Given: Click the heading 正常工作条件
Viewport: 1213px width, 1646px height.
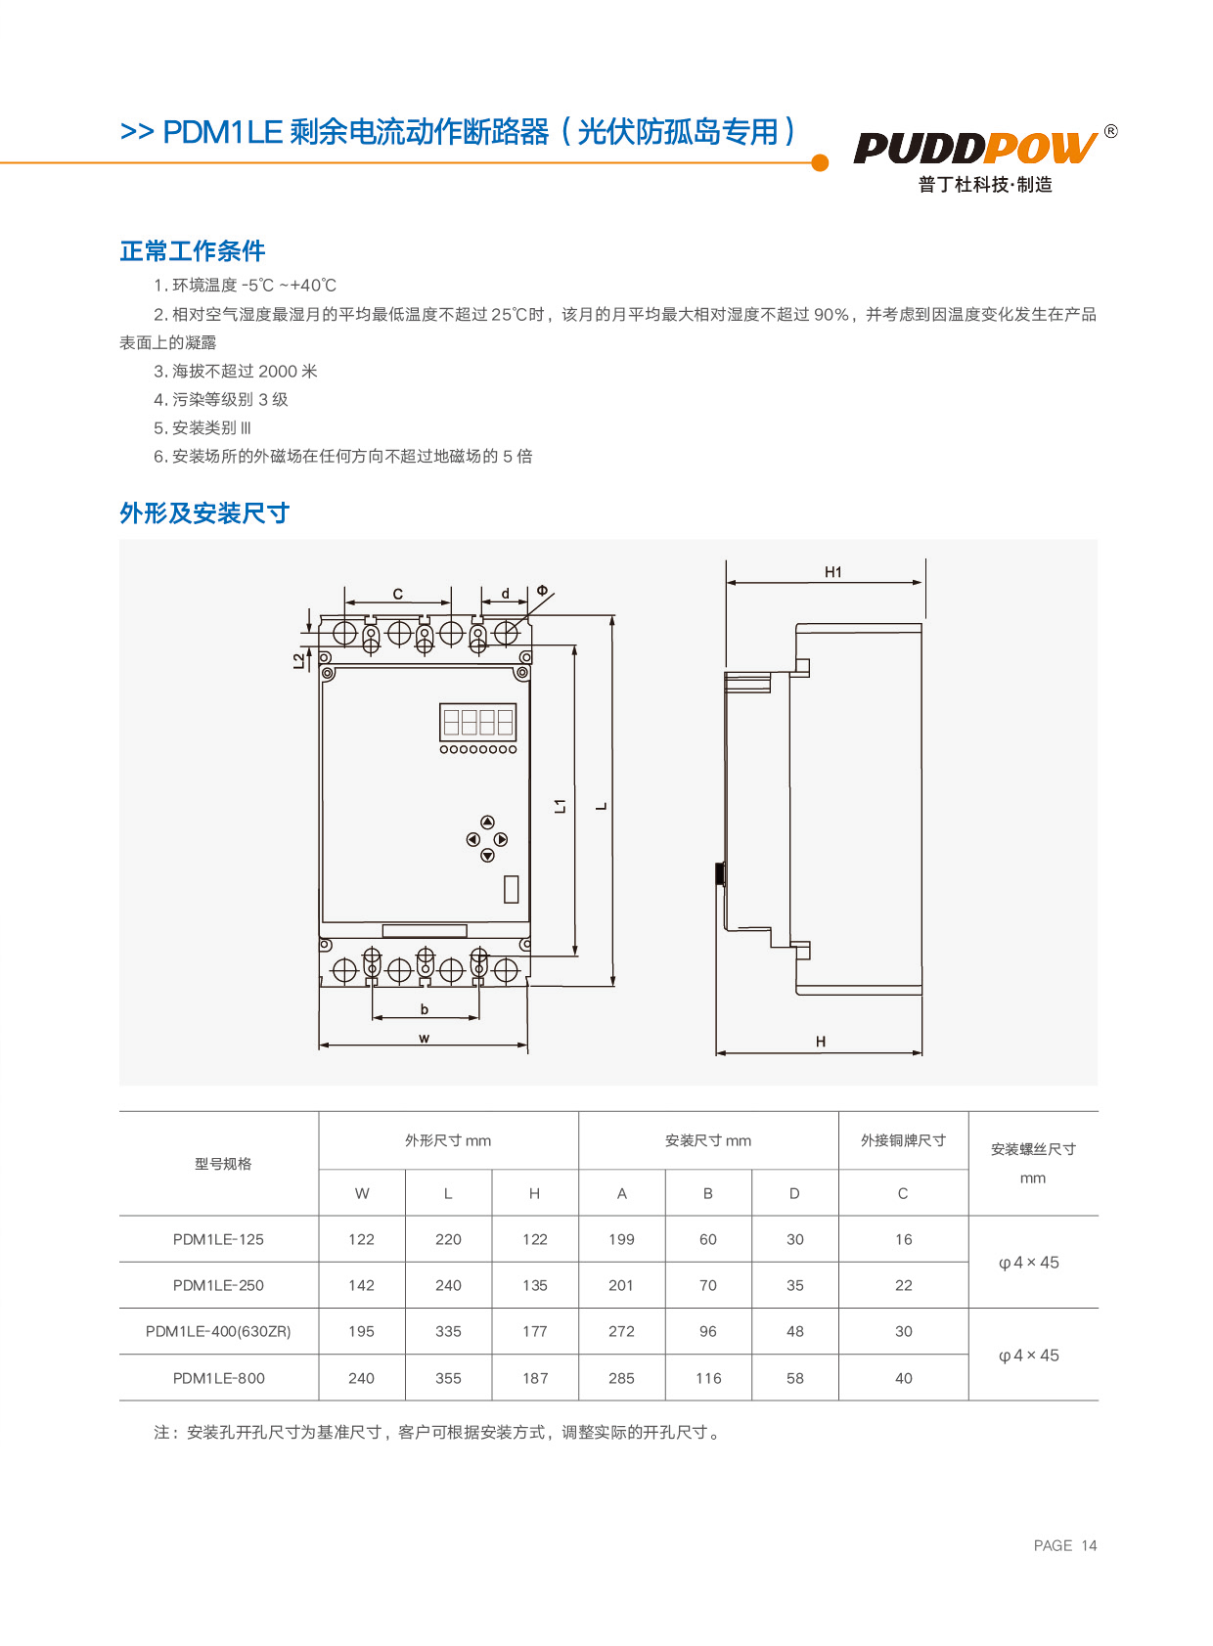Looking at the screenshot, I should tap(193, 251).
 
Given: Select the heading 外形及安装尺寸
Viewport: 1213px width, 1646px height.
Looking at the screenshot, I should tap(204, 513).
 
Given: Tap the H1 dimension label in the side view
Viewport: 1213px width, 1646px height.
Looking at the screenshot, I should tap(832, 572).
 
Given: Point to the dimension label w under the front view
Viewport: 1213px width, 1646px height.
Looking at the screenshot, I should tap(424, 1038).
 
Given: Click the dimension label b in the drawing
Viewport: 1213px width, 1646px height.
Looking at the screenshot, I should tap(424, 1009).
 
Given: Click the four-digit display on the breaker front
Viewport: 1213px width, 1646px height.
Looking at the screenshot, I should tap(477, 722).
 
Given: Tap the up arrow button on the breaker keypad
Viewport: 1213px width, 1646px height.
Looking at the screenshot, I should tap(487, 823).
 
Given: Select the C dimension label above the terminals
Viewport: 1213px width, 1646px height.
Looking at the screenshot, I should tap(398, 594).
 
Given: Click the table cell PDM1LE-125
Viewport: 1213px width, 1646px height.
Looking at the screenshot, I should tap(218, 1239).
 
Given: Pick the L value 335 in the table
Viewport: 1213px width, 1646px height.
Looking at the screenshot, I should tap(448, 1331).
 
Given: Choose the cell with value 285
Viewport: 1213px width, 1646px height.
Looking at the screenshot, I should tap(621, 1378).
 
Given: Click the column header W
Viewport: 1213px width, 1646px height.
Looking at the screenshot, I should tap(362, 1193).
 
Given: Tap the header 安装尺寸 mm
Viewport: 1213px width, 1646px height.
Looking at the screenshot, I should tap(708, 1140).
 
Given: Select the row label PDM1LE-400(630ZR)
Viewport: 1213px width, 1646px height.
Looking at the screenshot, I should tap(218, 1331).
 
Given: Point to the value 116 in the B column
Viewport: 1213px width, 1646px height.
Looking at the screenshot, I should tap(708, 1378).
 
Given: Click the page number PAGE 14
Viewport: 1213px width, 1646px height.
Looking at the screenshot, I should tap(1065, 1545).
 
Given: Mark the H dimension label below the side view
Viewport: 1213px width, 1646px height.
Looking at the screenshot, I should tap(821, 1042).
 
